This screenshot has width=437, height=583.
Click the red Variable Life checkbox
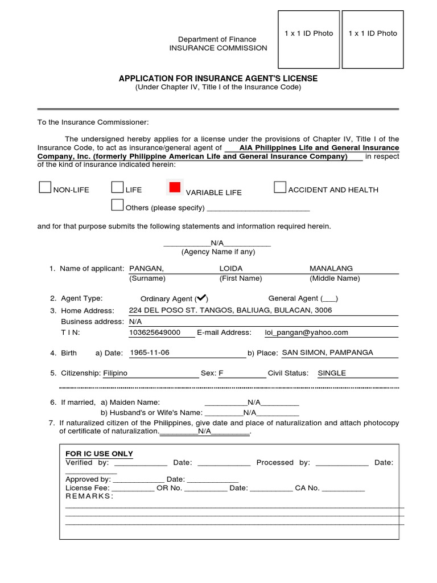click(175, 187)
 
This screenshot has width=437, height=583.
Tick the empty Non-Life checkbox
click(44, 188)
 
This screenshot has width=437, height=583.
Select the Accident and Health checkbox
click(279, 187)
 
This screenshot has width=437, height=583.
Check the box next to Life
click(117, 187)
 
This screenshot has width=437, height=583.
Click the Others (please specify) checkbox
click(117, 205)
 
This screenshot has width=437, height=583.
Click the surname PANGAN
click(147, 268)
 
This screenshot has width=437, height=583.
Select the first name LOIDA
click(231, 268)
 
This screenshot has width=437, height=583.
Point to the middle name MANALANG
click(331, 268)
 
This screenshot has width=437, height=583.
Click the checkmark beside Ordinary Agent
click(201, 298)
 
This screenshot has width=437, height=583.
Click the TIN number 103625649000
click(155, 332)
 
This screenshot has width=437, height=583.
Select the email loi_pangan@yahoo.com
click(307, 332)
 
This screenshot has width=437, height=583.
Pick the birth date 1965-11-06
click(150, 352)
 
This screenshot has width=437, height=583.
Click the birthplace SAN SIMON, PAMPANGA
click(328, 352)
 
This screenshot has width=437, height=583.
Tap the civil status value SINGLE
click(332, 373)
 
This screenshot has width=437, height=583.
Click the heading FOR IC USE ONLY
click(100, 454)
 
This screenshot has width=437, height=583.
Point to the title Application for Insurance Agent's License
click(218, 78)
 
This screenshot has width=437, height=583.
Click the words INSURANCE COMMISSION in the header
click(218, 48)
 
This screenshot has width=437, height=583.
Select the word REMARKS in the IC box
click(89, 496)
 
